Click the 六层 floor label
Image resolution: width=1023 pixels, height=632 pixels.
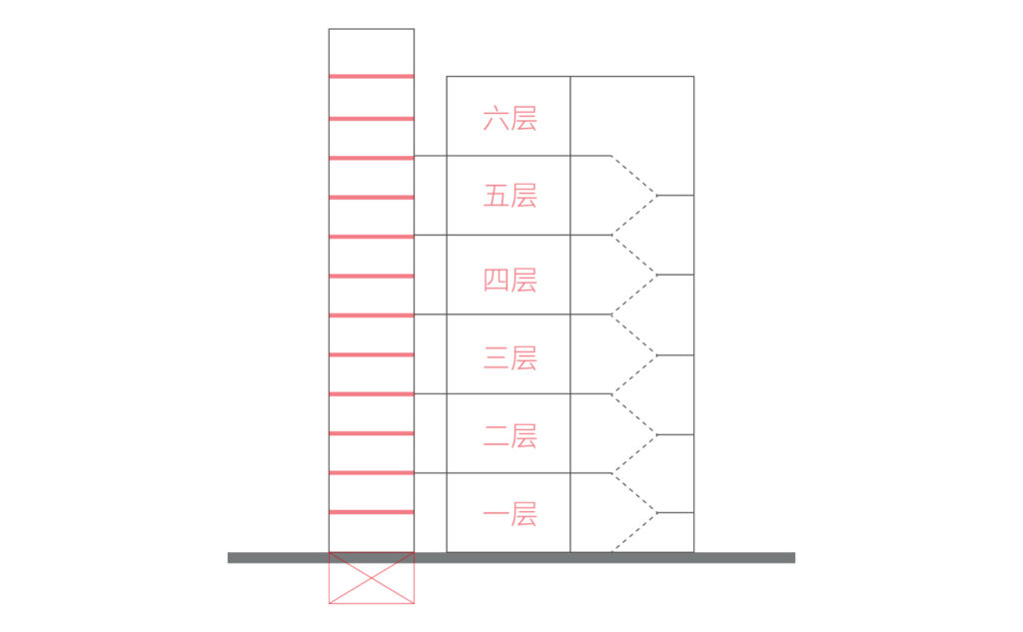pos(510,119)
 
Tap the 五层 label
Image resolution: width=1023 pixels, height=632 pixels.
pos(510,196)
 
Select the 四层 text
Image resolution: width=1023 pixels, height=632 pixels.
pos(510,280)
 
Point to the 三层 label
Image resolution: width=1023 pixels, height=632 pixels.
pos(510,358)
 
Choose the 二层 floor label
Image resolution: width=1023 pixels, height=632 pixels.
pos(510,435)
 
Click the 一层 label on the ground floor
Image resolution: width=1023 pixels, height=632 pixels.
pos(510,514)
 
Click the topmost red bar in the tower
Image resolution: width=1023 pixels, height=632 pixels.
pos(372,76)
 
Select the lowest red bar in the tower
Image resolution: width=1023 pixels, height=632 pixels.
pos(372,512)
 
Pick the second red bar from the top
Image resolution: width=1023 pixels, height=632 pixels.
pos(372,119)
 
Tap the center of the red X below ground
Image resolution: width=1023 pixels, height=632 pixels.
pos(372,578)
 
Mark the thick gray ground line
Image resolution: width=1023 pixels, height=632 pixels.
pos(511,558)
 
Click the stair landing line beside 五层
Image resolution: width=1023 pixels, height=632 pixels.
pos(675,195)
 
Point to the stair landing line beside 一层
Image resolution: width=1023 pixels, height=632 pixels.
pos(675,512)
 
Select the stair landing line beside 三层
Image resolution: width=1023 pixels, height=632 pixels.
pos(675,355)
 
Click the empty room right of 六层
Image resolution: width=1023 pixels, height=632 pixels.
pos(632,116)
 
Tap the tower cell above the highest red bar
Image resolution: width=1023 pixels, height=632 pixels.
pos(372,52)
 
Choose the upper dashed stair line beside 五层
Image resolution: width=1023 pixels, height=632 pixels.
pos(633,176)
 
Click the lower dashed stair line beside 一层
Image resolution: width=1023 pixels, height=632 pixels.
pos(633,532)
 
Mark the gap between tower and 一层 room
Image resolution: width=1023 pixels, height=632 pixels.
pos(431,512)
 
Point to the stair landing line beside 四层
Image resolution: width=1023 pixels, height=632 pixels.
pos(675,275)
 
